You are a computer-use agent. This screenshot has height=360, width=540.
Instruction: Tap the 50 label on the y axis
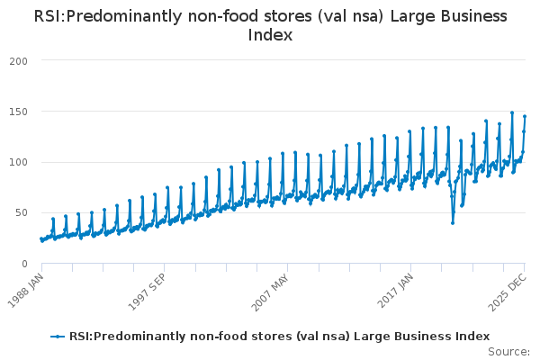[20, 213]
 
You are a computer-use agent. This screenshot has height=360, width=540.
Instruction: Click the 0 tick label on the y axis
[23, 264]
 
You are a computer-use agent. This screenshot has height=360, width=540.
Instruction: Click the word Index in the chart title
[270, 35]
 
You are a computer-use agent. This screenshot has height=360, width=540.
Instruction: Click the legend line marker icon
[58, 337]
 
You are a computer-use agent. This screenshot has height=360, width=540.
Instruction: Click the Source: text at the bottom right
[508, 351]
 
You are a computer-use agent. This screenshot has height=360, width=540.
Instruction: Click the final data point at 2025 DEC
[525, 116]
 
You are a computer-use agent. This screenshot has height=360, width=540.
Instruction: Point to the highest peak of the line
[512, 112]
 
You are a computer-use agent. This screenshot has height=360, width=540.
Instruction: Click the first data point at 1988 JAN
[40, 238]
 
